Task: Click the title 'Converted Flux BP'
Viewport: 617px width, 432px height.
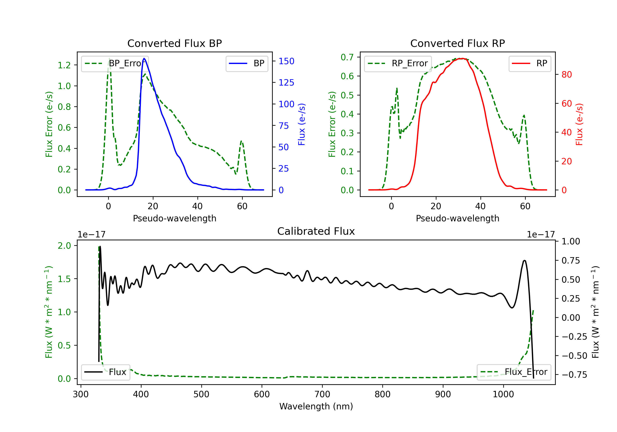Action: tap(174, 43)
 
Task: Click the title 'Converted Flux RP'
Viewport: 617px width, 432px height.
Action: tap(457, 43)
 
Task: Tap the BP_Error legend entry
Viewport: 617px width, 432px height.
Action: tap(115, 63)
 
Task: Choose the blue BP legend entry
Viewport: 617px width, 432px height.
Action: tap(247, 63)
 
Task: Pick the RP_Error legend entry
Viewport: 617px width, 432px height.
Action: tap(398, 63)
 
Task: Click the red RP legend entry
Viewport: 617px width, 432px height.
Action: tap(530, 63)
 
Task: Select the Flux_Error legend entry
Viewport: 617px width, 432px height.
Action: tap(514, 372)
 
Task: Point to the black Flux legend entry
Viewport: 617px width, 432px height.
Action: tap(105, 372)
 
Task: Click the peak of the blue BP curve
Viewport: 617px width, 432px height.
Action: tap(144, 58)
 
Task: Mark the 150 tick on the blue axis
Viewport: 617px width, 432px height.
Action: tap(286, 61)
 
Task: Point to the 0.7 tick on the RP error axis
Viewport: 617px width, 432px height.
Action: tap(347, 57)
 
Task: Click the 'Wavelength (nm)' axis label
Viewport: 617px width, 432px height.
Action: tap(316, 406)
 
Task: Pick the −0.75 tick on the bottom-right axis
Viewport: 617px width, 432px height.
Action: tap(574, 375)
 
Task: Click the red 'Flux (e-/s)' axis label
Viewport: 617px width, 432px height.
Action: tap(579, 124)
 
